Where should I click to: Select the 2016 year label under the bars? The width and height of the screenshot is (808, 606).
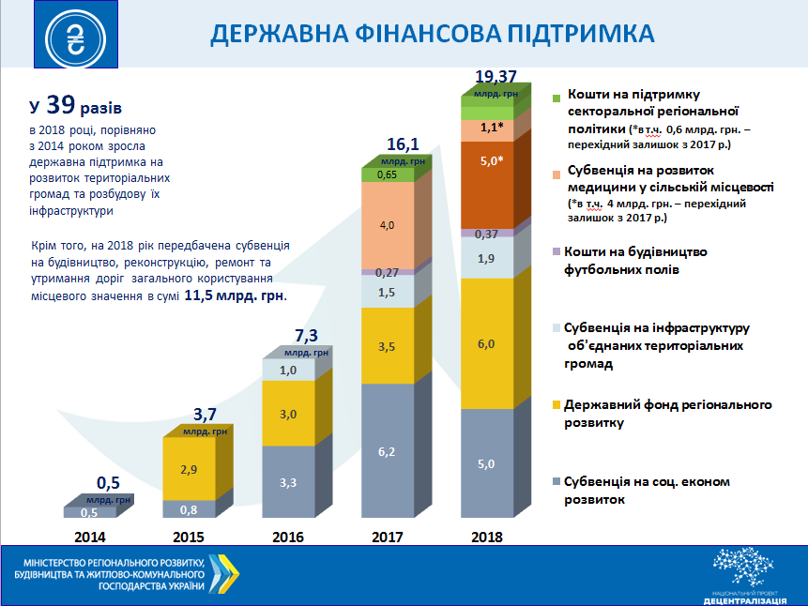286,538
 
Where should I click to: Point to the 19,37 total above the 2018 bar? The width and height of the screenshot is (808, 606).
497,76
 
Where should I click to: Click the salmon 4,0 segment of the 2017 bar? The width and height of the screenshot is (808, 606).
386,225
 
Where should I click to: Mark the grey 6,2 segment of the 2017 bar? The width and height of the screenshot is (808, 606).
386,451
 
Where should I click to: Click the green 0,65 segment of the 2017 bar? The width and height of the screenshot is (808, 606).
386,174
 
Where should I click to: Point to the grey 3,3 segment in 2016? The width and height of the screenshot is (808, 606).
286,482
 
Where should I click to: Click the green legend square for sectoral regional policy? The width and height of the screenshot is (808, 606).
556,98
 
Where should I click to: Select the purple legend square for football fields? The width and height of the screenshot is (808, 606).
556,252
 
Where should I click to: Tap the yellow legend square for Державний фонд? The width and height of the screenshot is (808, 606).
556,405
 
